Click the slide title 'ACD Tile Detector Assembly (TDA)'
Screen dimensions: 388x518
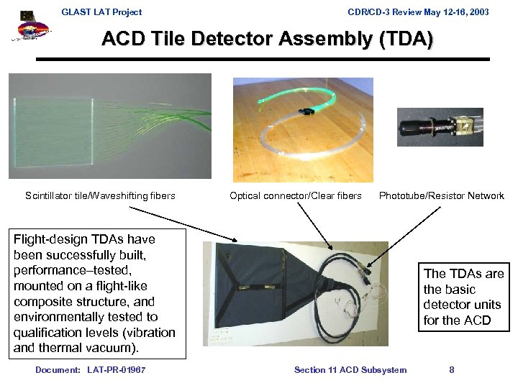268,40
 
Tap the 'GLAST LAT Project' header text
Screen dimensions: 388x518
101,11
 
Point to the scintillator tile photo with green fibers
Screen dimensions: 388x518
110,126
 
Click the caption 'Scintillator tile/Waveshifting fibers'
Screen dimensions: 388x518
100,195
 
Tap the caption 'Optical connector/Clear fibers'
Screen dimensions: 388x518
296,195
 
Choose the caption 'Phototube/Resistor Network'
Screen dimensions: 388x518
442,195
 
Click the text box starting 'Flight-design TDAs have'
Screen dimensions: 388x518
95,293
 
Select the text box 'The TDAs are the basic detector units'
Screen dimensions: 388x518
464,297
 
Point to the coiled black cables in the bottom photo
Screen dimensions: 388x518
338,287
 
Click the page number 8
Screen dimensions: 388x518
452,370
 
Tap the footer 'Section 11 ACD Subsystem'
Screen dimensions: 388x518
350,370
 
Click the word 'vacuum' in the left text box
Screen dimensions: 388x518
114,348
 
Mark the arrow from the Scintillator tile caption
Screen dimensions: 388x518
183,223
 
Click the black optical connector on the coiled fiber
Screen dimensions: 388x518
312,113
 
